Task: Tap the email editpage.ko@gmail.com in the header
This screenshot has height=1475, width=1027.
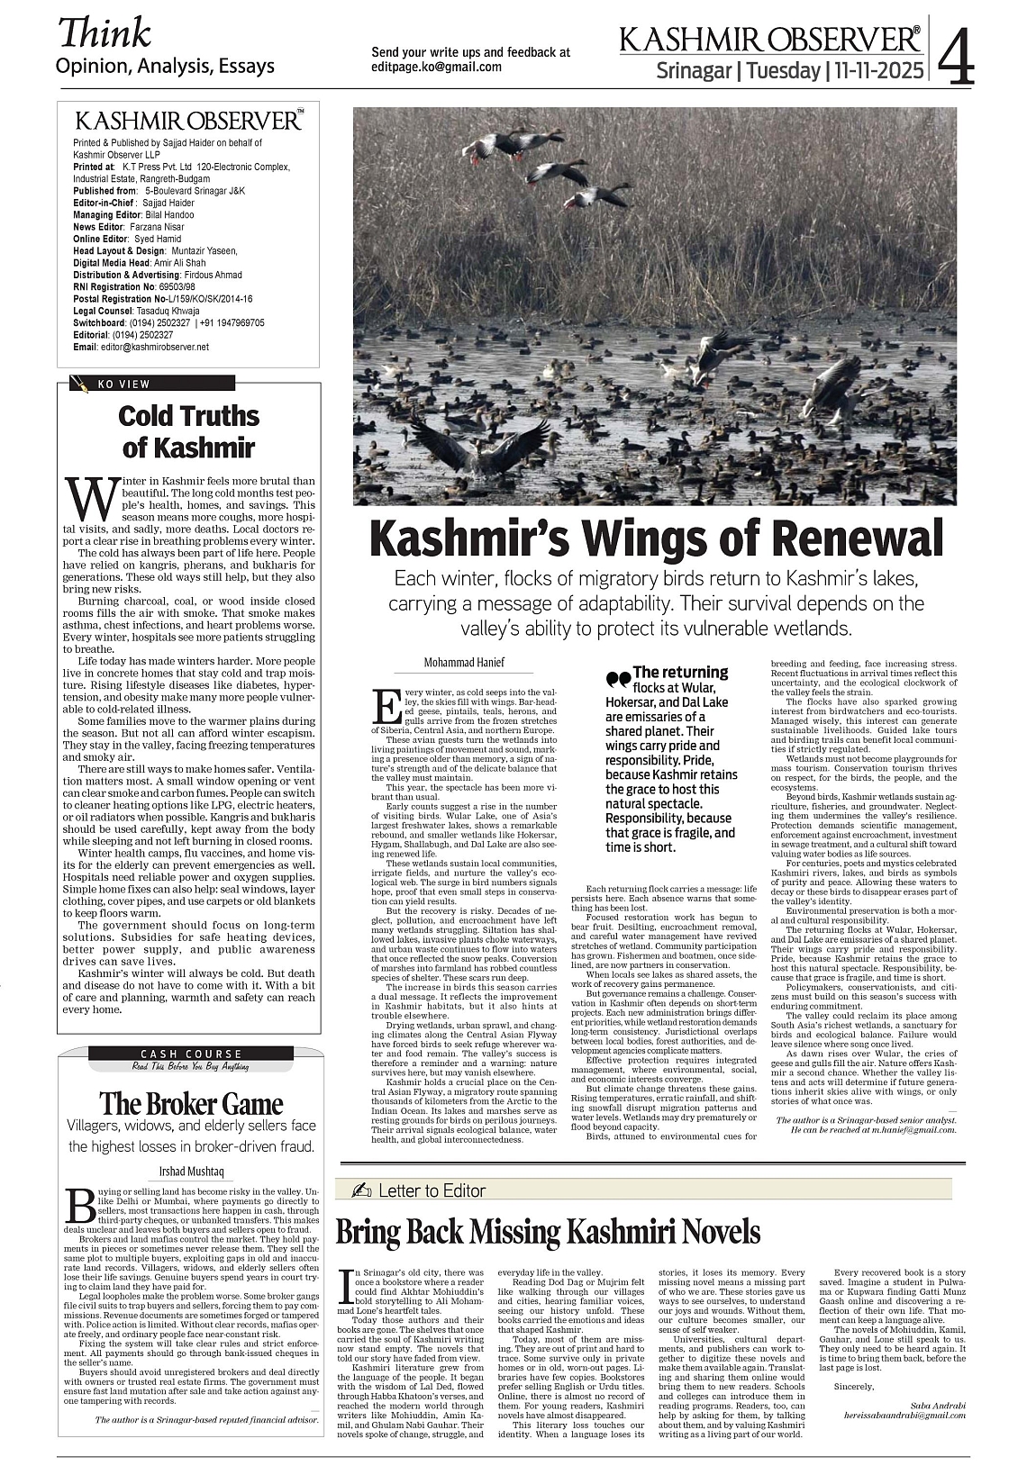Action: (437, 68)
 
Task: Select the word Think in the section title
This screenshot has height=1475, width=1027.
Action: (105, 33)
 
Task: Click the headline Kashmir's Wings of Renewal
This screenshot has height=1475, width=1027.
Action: (656, 538)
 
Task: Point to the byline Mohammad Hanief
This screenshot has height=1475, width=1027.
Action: (464, 663)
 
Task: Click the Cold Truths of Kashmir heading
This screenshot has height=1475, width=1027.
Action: (189, 431)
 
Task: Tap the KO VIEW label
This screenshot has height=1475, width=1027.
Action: (124, 385)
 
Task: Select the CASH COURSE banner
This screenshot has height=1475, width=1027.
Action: (191, 1054)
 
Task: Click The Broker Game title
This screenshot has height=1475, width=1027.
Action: (191, 1103)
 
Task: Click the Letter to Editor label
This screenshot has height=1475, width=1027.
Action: (432, 1190)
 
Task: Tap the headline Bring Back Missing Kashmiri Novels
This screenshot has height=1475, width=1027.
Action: (548, 1232)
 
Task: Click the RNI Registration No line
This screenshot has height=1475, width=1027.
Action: (138, 286)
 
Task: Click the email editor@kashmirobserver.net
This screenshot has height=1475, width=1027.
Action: (153, 347)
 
